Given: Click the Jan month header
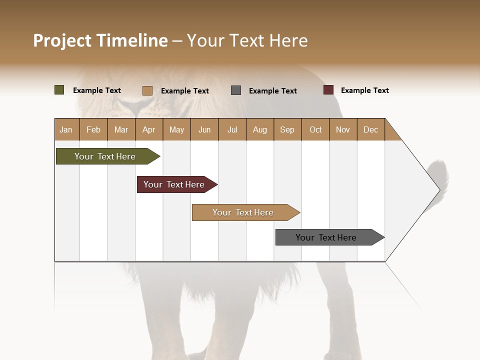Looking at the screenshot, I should (66, 129).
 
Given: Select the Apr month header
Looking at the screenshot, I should (148, 129).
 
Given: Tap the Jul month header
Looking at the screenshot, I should (232, 129).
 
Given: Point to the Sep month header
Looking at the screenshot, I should (287, 129).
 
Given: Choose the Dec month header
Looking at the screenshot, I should (370, 129).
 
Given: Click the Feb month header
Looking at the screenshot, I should (93, 129).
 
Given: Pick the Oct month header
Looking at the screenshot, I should (315, 129).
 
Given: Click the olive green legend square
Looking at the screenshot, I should (59, 90).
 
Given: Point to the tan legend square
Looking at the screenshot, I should (147, 90).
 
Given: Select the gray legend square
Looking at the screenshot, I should (236, 90).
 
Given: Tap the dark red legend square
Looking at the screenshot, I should (328, 90).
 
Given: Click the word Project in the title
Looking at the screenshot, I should (62, 40).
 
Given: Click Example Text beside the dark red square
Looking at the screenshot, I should (364, 90).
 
